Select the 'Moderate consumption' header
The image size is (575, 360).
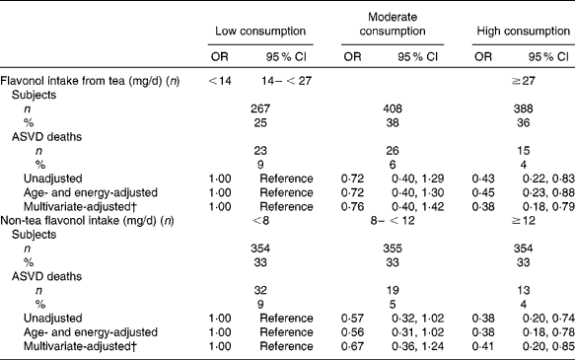(x=398, y=21)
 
